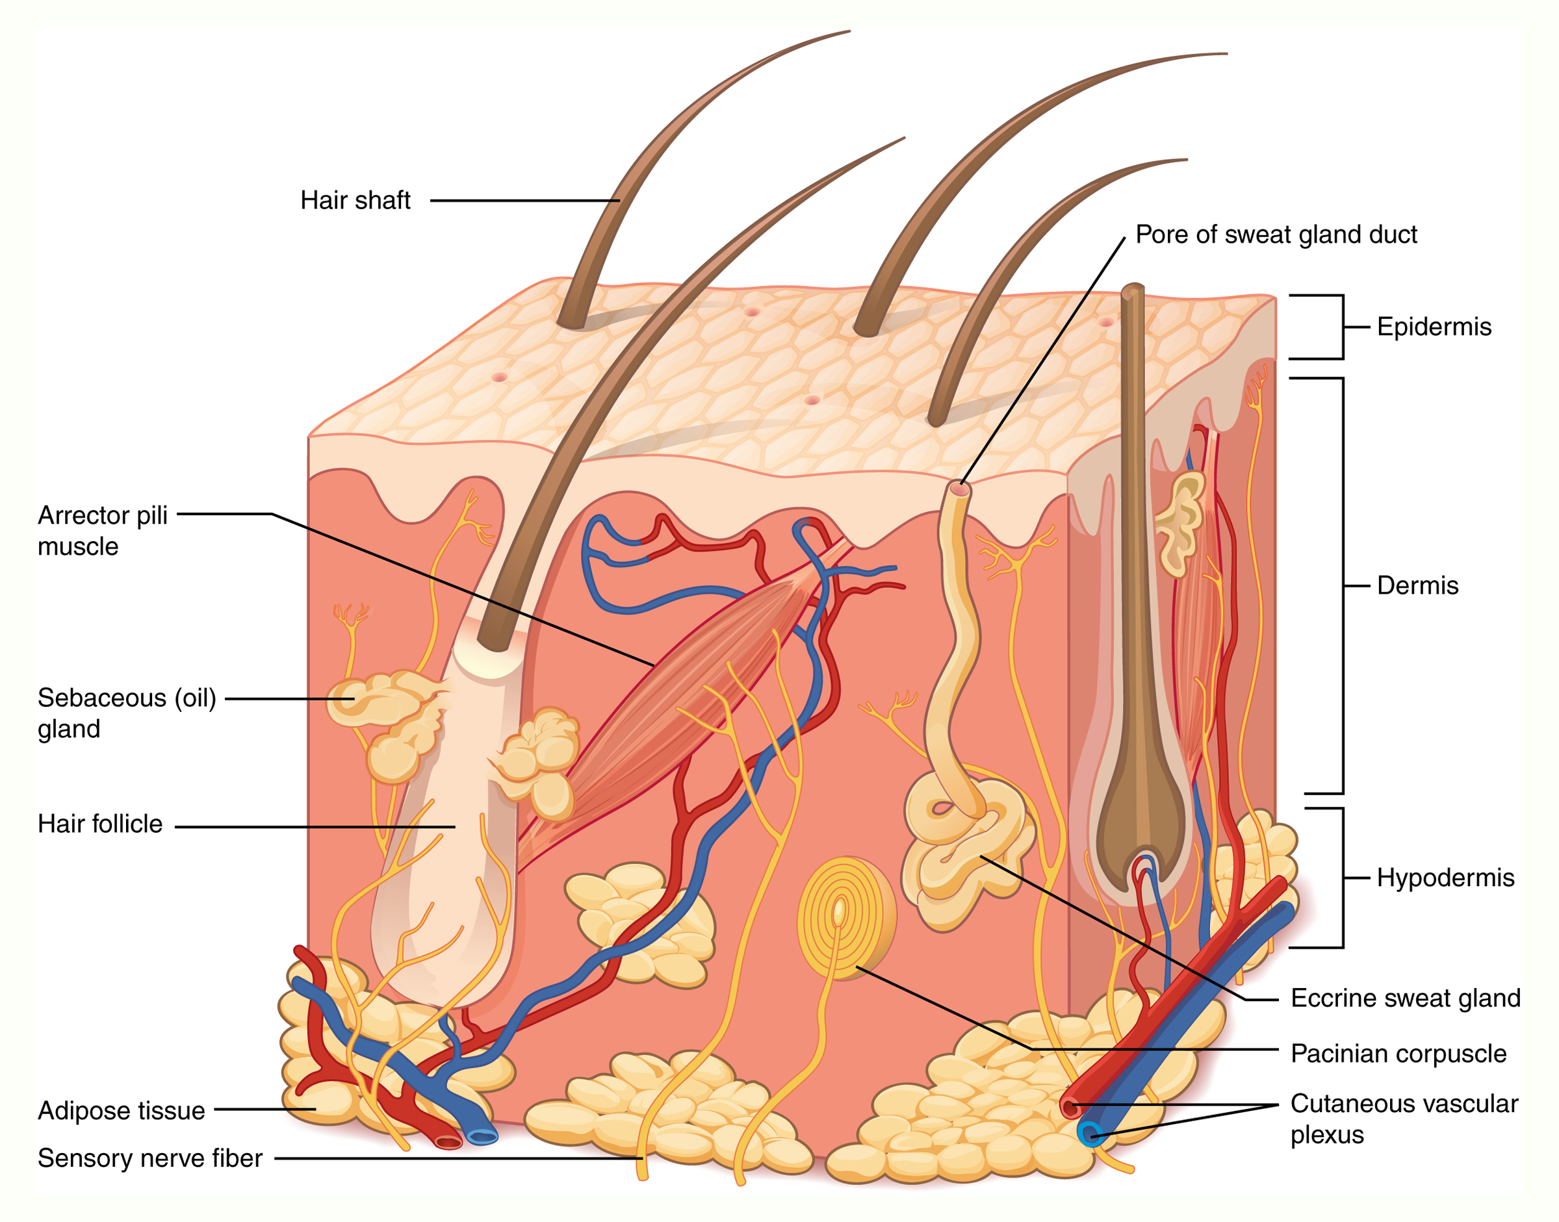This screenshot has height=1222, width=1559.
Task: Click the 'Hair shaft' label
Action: tap(355, 200)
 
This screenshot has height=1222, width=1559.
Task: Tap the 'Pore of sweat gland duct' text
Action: tap(1276, 235)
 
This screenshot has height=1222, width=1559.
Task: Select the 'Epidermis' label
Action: tap(1434, 327)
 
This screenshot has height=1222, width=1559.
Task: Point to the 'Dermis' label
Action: tap(1417, 585)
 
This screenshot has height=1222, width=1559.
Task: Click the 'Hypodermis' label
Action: tap(1445, 878)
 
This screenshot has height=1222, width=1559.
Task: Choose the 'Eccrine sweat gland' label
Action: tap(1405, 998)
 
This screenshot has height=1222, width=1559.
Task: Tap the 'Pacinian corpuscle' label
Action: tap(1398, 1054)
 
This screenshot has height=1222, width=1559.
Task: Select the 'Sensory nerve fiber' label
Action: tap(149, 1158)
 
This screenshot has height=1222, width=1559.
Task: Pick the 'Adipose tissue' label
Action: tap(121, 1110)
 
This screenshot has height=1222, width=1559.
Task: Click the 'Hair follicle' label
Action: tap(100, 824)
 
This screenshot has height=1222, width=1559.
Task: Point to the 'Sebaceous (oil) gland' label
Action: tap(126, 713)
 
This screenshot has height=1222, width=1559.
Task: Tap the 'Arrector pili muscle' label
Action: tap(103, 530)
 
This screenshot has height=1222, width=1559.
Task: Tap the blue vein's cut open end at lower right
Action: tap(1090, 1135)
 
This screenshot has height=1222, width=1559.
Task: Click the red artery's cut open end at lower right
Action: tap(1070, 1108)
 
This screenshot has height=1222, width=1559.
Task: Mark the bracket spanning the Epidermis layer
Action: tap(1341, 327)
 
